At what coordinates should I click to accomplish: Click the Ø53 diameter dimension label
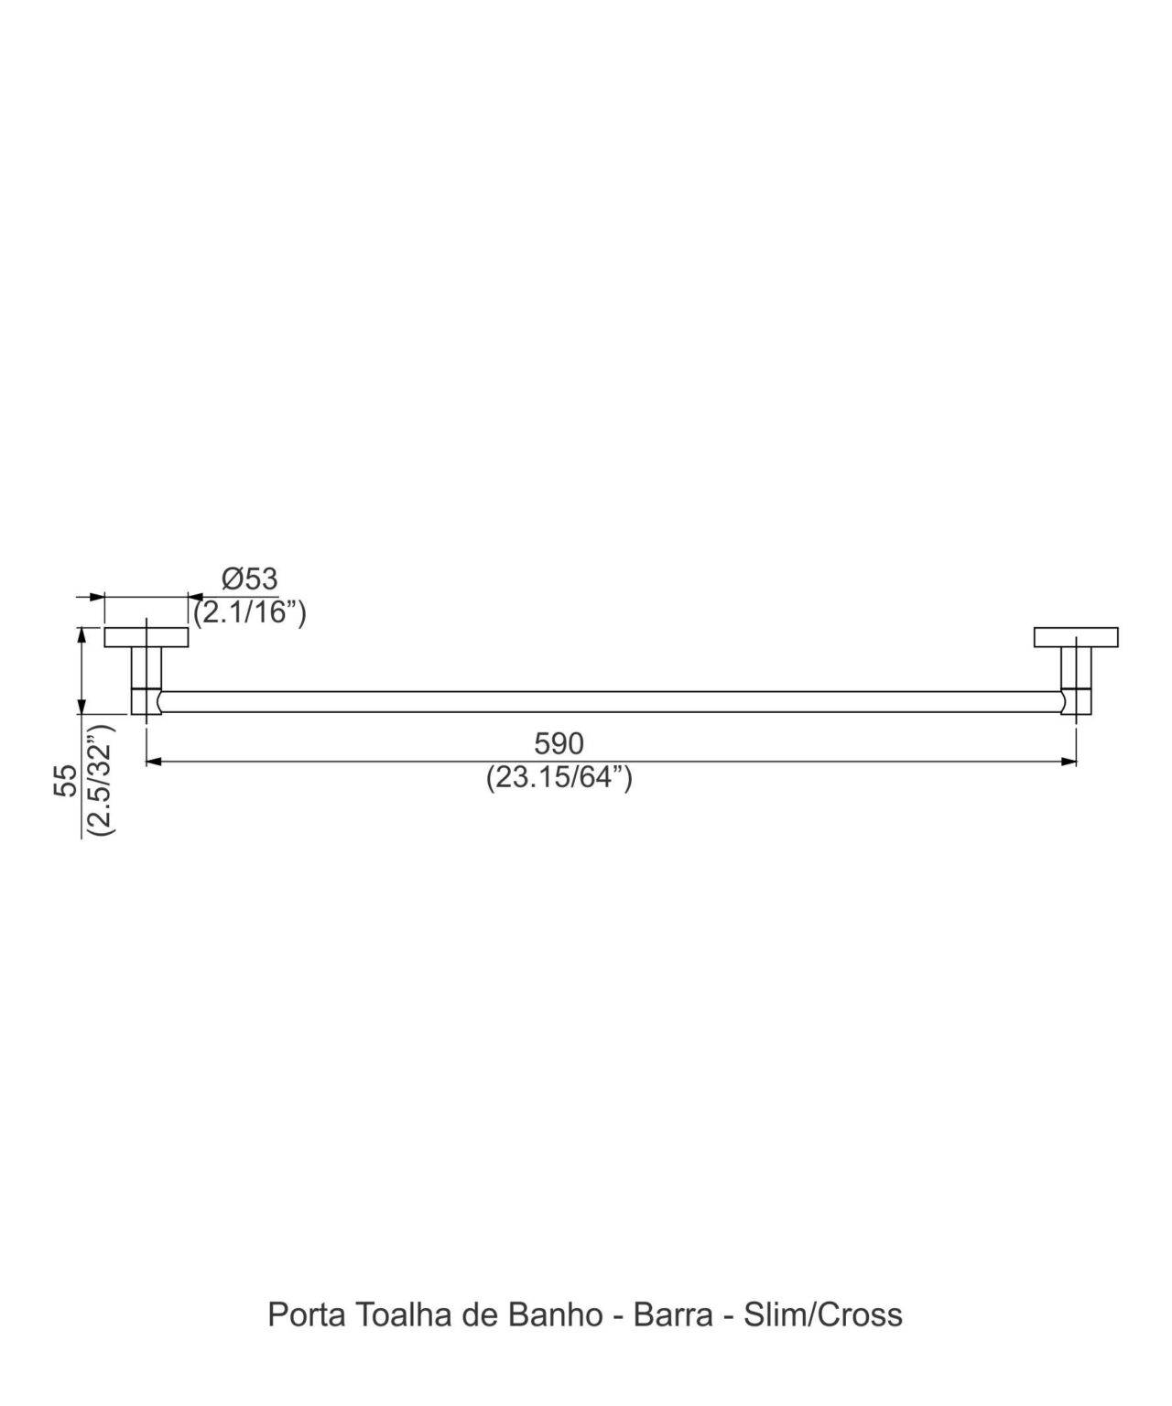pos(249,579)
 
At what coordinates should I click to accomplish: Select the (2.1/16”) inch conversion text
pos(249,611)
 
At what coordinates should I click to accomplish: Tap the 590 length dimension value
pos(559,743)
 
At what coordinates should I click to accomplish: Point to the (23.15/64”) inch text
pos(559,777)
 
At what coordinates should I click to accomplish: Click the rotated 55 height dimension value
pos(67,780)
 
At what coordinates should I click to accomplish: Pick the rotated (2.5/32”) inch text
pos(99,778)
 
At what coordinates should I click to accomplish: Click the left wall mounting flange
pos(146,637)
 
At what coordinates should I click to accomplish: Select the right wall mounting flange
pos(1076,637)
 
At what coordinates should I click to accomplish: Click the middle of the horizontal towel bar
pos(611,701)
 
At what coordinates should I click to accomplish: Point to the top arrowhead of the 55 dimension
pos(82,634)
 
